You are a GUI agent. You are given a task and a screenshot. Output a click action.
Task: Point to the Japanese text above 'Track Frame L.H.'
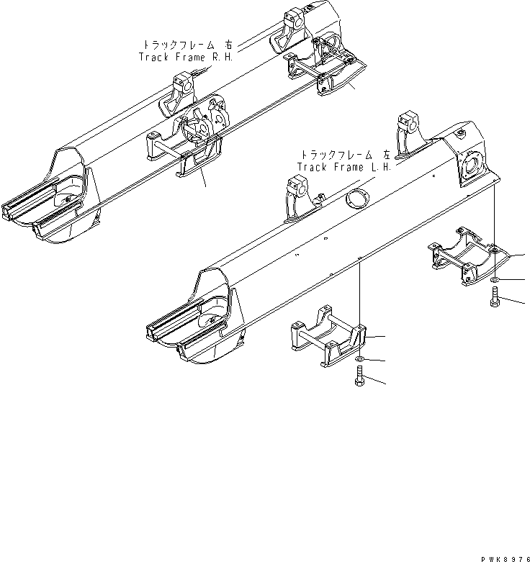346,154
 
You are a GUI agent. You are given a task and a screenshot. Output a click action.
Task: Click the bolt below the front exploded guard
359,376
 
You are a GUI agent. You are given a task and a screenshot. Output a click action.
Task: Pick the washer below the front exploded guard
359,358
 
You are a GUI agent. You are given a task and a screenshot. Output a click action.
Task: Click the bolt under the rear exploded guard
496,296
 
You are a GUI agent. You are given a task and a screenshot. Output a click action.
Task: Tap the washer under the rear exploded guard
496,278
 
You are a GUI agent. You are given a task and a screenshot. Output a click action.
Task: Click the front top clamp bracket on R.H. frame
181,94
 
